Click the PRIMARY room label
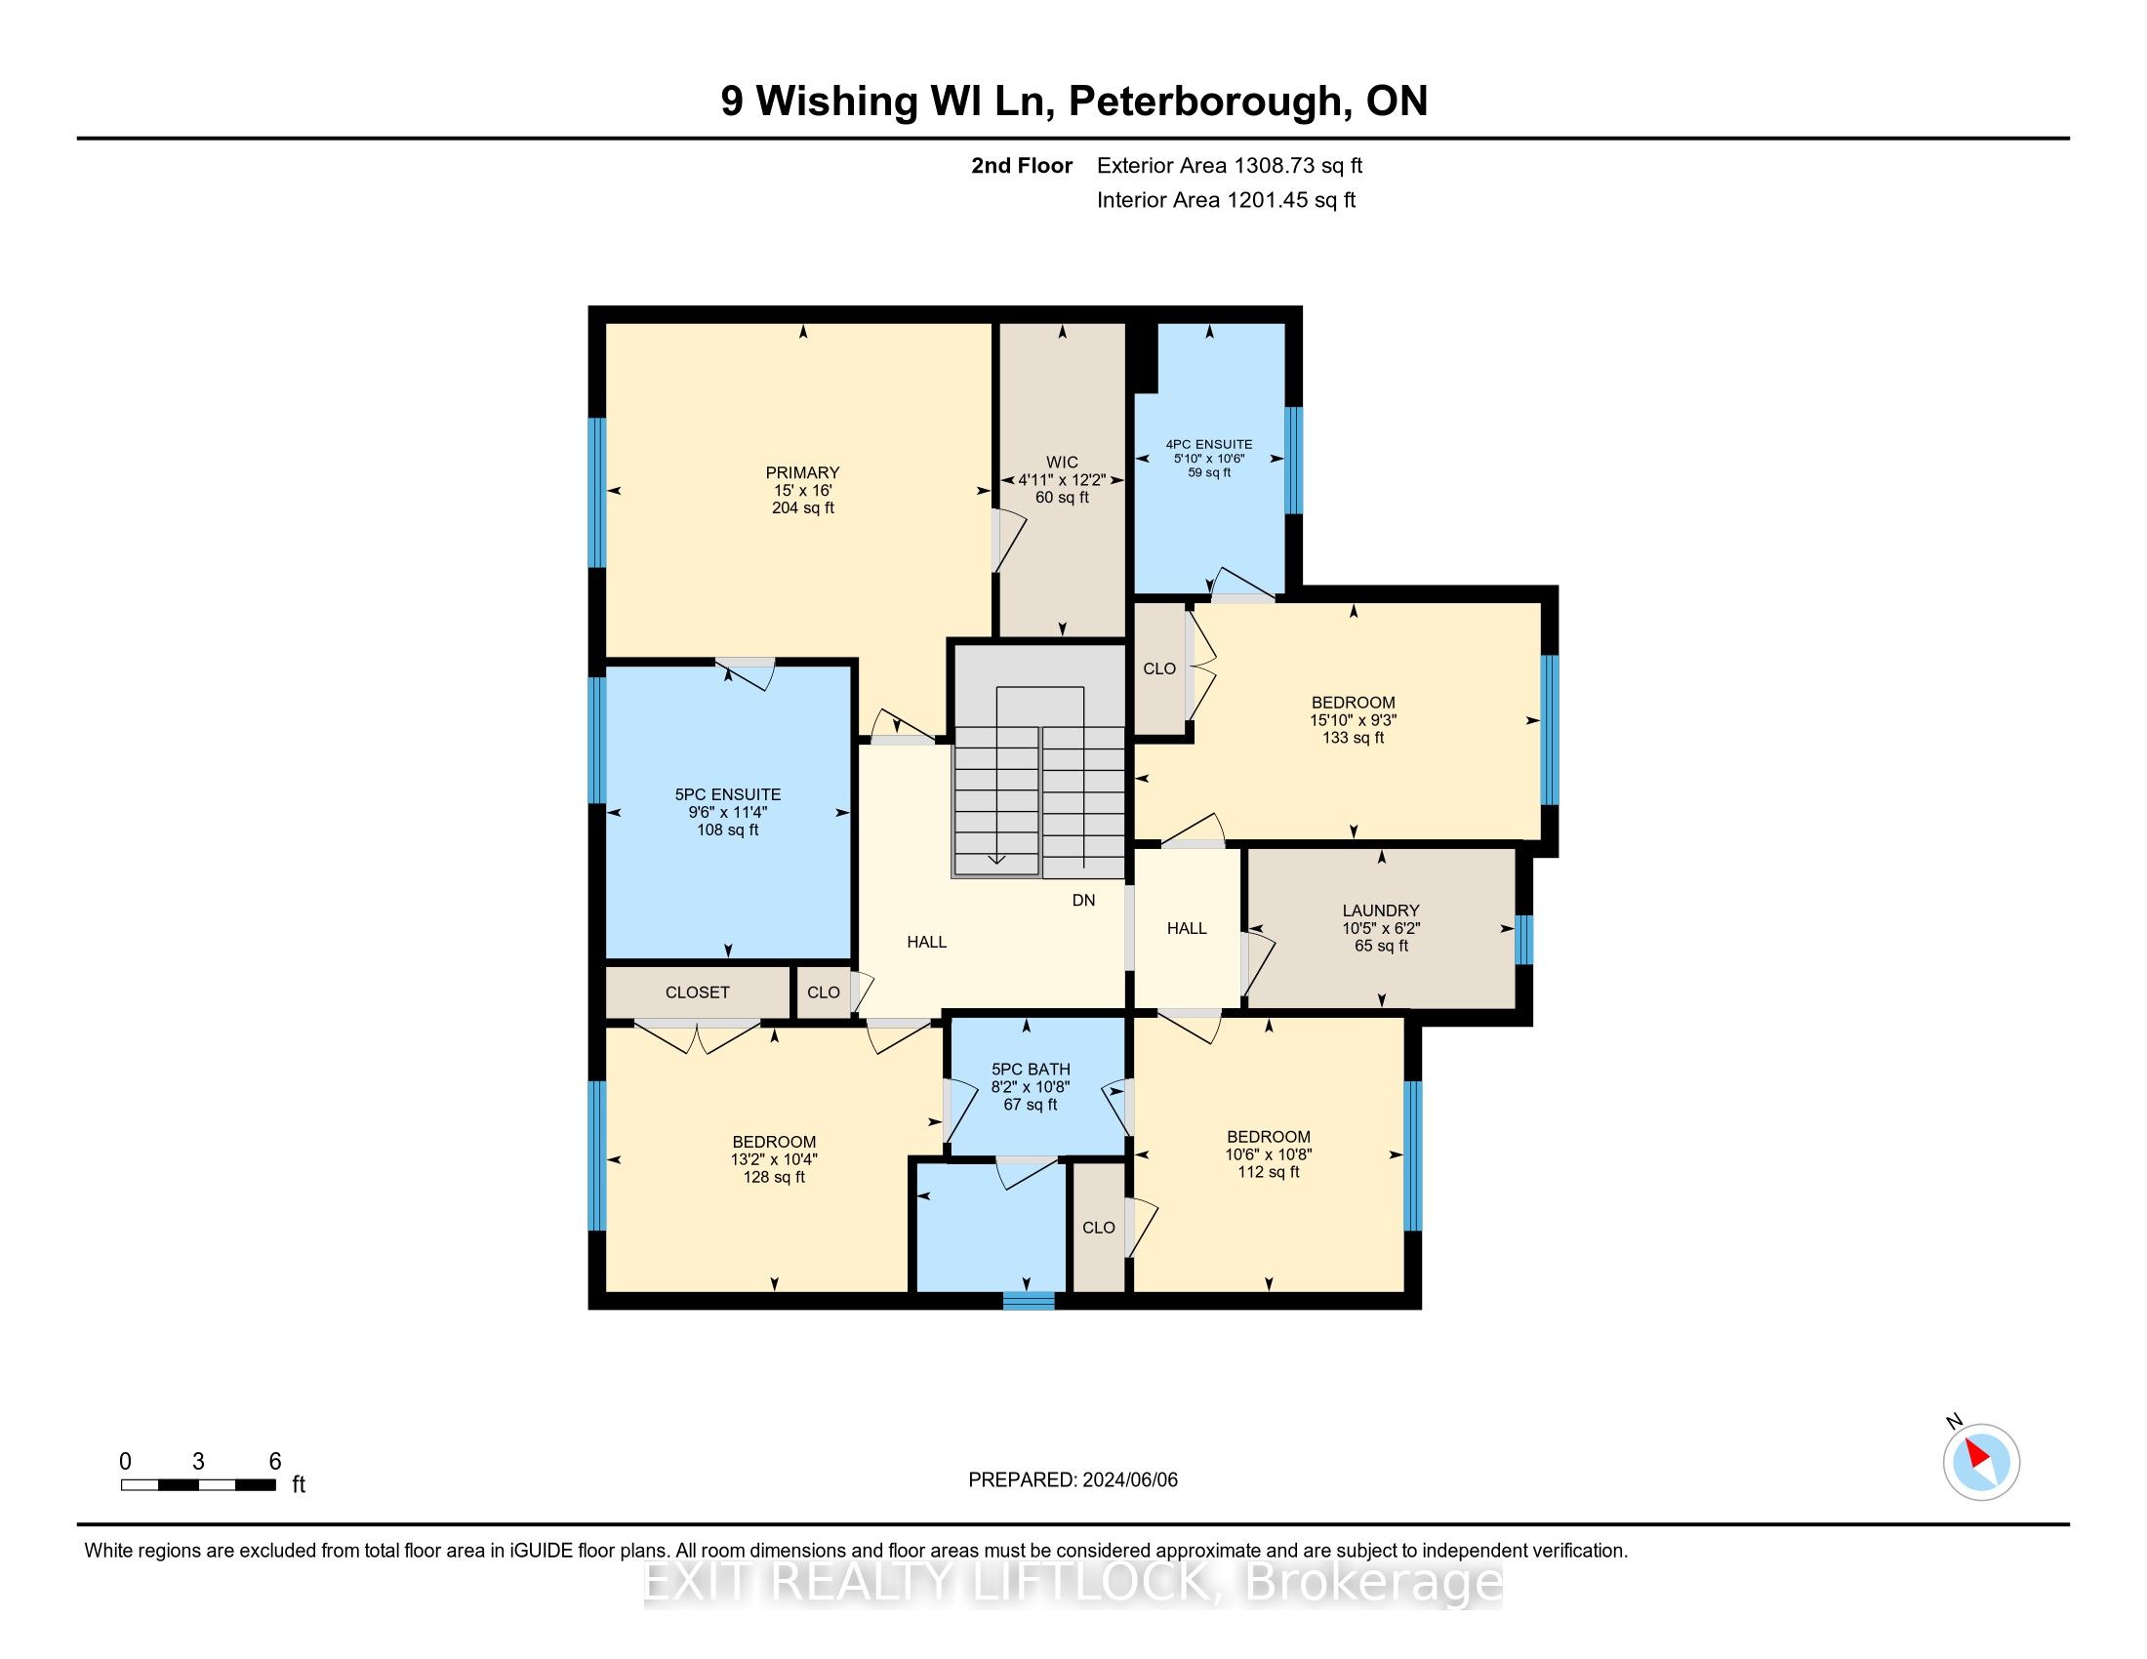(x=802, y=472)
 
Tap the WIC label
(x=1062, y=462)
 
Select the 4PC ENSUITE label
(x=1209, y=444)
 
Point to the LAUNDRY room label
(x=1381, y=911)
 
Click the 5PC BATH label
(x=1031, y=1070)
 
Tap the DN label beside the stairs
(x=1083, y=901)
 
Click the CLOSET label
(x=697, y=992)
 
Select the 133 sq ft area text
(x=1353, y=738)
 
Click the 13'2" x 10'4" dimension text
(x=774, y=1159)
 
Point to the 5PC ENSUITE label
(x=727, y=795)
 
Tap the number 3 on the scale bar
(x=198, y=1462)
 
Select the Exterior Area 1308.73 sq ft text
(x=1230, y=166)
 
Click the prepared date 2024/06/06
(x=1129, y=1480)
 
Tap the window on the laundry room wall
(x=1523, y=940)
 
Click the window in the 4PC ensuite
(x=1294, y=460)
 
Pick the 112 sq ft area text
(x=1268, y=1172)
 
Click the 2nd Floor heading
(x=1022, y=166)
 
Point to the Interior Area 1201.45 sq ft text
(x=1226, y=200)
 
